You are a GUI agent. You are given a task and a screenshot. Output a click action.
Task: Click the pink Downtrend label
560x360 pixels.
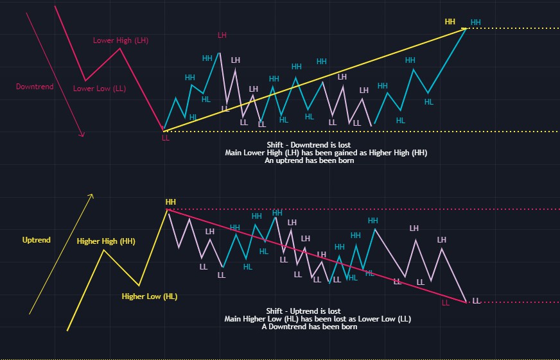(x=35, y=86)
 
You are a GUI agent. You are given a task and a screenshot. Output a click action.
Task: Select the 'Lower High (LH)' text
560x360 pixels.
(x=121, y=40)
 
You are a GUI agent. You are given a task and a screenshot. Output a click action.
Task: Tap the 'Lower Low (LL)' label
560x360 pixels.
(x=99, y=89)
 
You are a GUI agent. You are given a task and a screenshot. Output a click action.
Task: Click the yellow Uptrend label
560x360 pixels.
(x=36, y=240)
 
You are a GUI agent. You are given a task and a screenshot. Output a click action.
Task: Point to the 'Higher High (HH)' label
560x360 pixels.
(x=105, y=241)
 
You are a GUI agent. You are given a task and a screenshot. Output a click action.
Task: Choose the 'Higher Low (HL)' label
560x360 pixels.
(x=149, y=296)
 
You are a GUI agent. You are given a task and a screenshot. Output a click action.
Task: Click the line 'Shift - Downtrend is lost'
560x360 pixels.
(x=309, y=144)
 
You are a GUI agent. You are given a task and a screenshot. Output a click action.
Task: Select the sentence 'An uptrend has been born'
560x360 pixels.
(x=309, y=161)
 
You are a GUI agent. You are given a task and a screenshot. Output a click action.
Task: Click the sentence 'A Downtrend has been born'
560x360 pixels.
(x=309, y=327)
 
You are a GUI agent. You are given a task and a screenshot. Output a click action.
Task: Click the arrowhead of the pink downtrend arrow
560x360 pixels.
(x=83, y=134)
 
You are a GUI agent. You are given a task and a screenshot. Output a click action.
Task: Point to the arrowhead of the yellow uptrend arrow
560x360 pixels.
(x=92, y=195)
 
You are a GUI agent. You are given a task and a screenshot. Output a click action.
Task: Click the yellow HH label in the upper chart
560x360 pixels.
(x=450, y=21)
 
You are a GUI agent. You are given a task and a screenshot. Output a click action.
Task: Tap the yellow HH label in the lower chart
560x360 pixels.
(x=170, y=202)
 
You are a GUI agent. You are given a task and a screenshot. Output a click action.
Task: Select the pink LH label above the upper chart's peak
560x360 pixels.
(x=222, y=35)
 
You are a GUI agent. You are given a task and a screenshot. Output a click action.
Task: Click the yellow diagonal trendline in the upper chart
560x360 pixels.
(x=315, y=80)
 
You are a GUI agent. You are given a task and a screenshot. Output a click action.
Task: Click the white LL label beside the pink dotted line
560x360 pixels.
(x=476, y=300)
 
